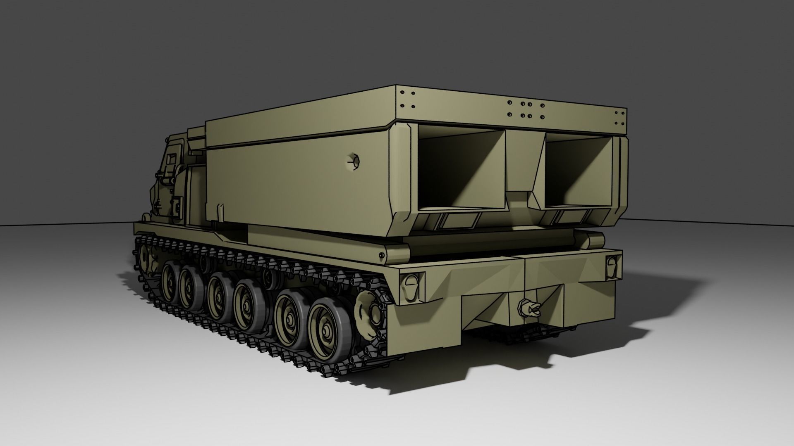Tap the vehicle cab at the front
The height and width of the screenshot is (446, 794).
[170, 182]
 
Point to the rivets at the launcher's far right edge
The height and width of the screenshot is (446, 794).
[620, 117]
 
